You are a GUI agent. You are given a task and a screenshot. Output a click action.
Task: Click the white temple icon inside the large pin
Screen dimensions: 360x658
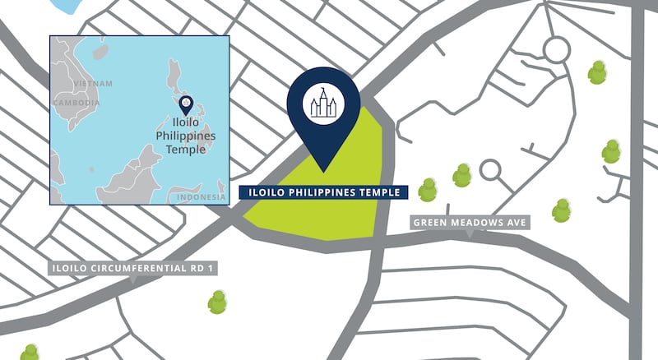[323, 102]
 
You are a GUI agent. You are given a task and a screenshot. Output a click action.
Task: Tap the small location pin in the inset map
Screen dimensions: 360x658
[187, 104]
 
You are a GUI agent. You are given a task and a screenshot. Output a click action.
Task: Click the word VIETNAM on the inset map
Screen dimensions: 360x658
[93, 84]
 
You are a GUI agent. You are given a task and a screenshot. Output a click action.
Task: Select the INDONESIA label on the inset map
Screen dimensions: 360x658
[201, 197]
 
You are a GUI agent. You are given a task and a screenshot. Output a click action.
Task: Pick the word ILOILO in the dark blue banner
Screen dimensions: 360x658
[263, 193]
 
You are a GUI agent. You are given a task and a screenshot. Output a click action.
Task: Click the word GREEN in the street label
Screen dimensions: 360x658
[431, 223]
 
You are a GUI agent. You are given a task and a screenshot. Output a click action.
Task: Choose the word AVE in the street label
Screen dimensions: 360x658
[517, 223]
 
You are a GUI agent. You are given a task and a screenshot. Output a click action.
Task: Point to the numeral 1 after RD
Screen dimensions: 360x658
[212, 268]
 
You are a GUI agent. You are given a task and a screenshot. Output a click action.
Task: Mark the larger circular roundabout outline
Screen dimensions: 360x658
[557, 51]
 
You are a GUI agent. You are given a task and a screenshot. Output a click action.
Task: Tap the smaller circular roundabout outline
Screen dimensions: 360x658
[490, 170]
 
